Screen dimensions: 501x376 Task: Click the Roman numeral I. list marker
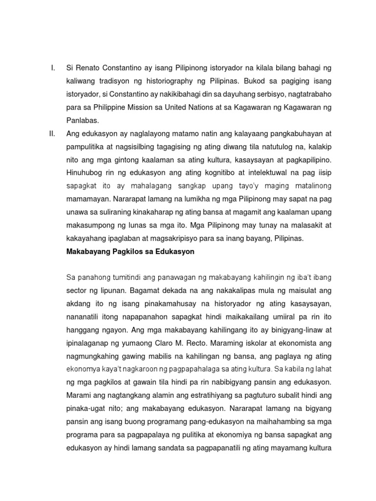click(53, 67)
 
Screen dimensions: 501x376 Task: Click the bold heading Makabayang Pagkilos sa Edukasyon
click(130, 252)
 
